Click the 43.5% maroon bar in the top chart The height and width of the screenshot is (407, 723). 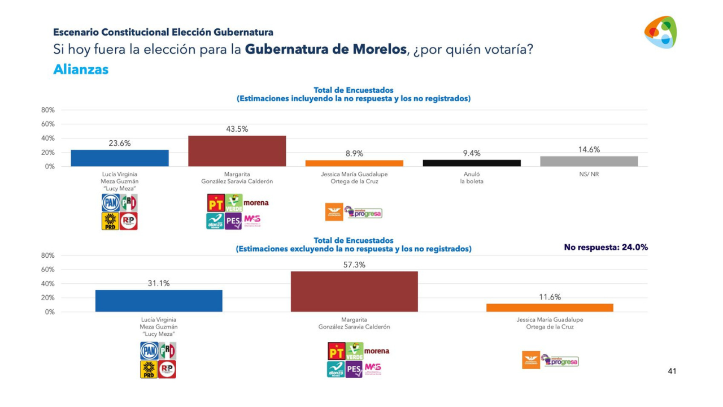coord(237,151)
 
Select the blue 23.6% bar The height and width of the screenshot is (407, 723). coord(119,158)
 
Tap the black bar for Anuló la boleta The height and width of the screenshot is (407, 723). coord(472,163)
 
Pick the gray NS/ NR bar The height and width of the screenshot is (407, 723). coord(589,161)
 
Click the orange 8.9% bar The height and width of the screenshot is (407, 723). coord(354,163)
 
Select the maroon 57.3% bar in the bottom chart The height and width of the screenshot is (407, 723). coord(354,291)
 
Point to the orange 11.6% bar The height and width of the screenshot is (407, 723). coord(550,308)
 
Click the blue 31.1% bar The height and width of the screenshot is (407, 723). coord(159,300)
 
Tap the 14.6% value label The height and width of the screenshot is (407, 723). coord(589,150)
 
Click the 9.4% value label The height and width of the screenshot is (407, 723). coord(472,153)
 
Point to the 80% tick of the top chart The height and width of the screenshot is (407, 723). coord(48,110)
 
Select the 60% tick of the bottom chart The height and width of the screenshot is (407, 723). coord(48,270)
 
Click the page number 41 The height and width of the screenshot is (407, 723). coord(672,371)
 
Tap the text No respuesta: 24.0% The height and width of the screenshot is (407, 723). coord(606,247)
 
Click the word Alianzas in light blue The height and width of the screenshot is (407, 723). coord(81,70)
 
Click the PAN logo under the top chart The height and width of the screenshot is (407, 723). coord(110,202)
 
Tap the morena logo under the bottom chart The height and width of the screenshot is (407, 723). coord(377,351)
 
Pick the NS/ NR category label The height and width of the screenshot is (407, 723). coord(589,174)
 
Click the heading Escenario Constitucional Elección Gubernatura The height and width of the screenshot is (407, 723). coord(163,33)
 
